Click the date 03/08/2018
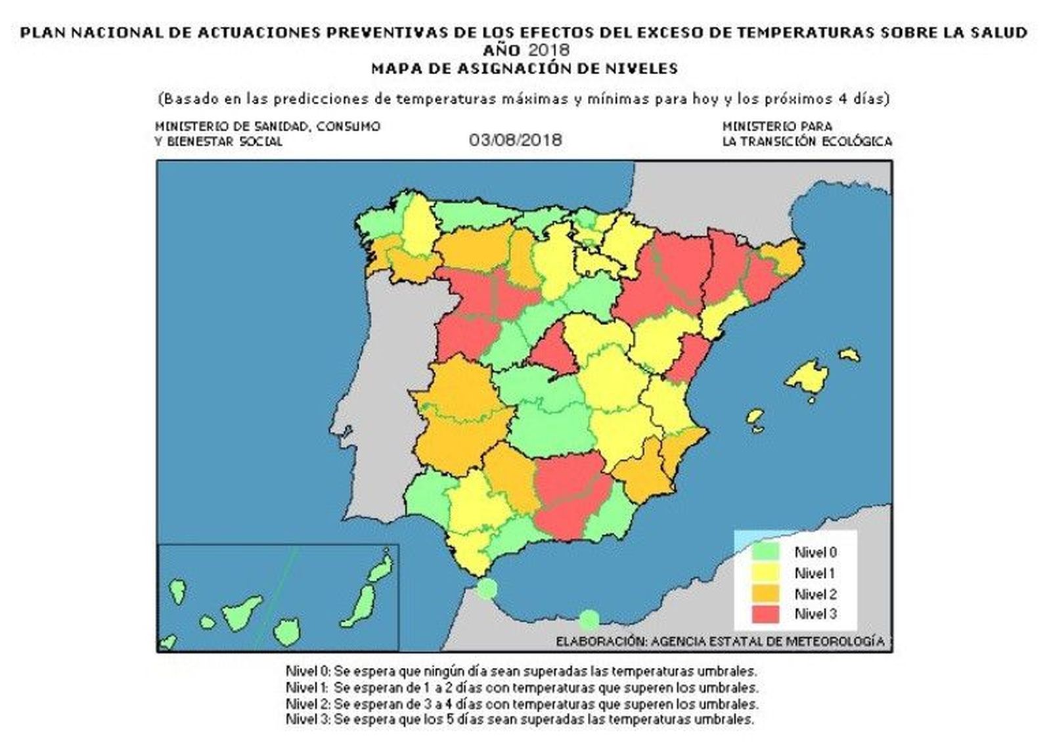(516, 140)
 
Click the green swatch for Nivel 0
(767, 552)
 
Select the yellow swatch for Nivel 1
(767, 573)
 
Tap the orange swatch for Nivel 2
(767, 594)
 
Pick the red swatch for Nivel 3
(767, 614)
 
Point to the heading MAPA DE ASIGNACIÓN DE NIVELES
(524, 68)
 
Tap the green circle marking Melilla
(589, 619)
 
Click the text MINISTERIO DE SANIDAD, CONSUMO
(267, 126)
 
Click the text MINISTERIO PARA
(776, 126)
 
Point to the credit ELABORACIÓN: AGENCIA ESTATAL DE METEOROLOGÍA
(719, 642)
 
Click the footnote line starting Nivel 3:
(519, 719)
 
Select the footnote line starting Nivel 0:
(520, 672)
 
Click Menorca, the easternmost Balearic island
(850, 355)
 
